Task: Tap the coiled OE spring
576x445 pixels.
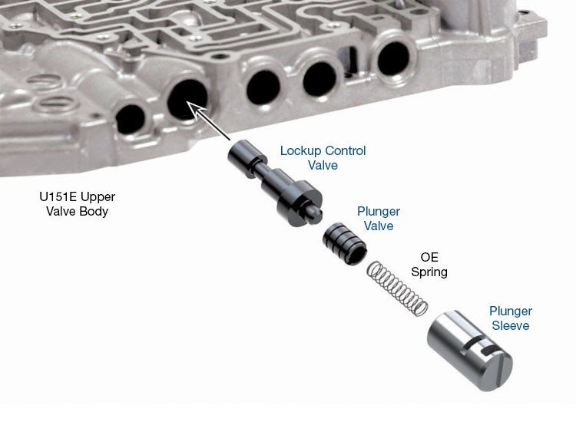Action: (x=396, y=288)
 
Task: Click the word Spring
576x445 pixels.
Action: (x=429, y=272)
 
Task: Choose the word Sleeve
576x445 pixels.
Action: (x=511, y=326)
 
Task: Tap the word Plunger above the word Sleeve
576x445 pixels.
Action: (x=511, y=311)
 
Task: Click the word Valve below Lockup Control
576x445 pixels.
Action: (x=323, y=165)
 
